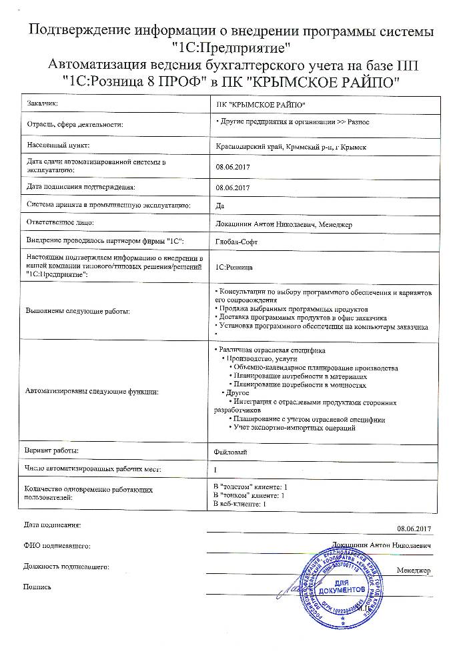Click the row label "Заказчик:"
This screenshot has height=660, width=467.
click(43, 104)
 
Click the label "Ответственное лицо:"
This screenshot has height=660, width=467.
click(60, 222)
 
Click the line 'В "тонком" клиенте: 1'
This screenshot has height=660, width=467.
click(249, 495)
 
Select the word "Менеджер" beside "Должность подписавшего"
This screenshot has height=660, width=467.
click(414, 571)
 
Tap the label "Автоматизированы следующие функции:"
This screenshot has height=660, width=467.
click(91, 390)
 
